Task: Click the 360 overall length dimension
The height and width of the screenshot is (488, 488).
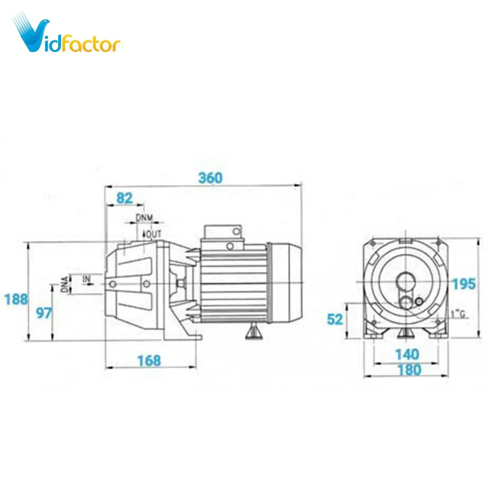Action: click(x=210, y=178)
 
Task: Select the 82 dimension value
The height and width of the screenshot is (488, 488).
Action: click(x=124, y=198)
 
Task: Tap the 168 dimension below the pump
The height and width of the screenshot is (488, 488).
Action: click(x=149, y=360)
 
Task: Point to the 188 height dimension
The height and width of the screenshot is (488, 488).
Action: click(x=16, y=299)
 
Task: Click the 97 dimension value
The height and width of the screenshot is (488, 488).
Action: click(x=44, y=313)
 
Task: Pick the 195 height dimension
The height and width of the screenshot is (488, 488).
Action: click(x=464, y=284)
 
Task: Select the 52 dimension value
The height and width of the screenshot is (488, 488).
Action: click(x=335, y=319)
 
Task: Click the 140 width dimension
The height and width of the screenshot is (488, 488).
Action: click(x=407, y=354)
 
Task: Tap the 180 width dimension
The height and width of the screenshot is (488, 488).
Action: click(x=409, y=370)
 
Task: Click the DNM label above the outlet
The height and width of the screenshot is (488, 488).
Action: click(x=144, y=218)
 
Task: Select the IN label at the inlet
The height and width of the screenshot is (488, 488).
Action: click(x=86, y=279)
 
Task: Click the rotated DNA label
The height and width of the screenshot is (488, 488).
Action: click(x=65, y=284)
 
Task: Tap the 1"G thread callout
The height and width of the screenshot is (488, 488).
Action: click(x=458, y=314)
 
